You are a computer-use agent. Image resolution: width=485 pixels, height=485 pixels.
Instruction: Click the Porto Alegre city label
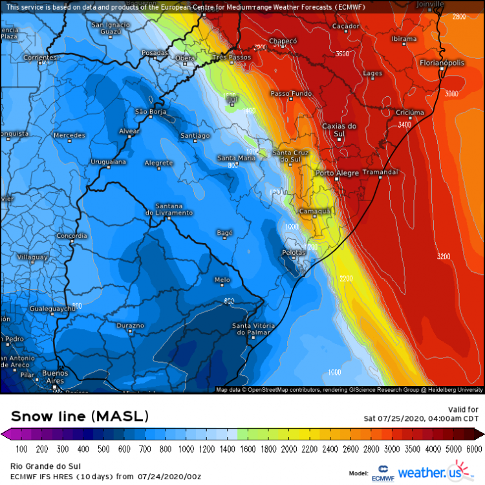(336, 173)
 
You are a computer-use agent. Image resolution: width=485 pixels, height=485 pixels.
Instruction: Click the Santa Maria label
(235, 158)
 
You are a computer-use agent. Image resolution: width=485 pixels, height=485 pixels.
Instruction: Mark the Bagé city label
(224, 232)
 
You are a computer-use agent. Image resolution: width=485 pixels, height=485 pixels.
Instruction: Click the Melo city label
(222, 279)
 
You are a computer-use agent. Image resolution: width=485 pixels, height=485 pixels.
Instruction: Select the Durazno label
(131, 325)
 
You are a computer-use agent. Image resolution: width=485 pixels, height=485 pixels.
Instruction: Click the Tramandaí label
(380, 172)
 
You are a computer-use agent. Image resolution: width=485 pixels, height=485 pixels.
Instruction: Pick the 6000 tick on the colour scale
(475, 448)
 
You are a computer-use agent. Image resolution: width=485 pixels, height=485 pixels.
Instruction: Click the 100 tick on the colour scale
(21, 448)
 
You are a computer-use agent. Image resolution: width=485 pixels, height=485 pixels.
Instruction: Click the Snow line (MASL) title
(80, 415)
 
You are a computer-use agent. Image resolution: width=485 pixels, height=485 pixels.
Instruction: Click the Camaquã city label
(315, 211)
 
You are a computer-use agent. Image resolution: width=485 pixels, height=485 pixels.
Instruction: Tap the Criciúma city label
(409, 112)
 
